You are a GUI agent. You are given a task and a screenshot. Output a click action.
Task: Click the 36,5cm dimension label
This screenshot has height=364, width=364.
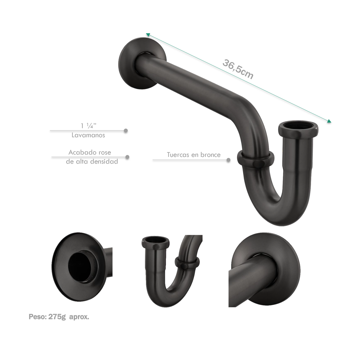tap(238, 69)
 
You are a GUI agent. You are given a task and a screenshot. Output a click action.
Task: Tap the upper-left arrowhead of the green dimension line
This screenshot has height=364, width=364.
tap(148, 35)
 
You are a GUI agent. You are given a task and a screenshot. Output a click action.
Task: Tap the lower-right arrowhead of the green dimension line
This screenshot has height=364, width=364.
tap(329, 121)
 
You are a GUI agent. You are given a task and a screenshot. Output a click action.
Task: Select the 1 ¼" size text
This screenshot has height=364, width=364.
tap(89, 126)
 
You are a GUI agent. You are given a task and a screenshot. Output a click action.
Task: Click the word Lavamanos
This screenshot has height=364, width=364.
tap(88, 135)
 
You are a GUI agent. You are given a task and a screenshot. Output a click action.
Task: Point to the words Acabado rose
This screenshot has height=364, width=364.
tap(90, 152)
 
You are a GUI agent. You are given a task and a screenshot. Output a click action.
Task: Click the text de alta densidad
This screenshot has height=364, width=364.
tap(92, 161)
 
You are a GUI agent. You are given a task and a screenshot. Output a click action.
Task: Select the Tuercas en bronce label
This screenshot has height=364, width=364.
tap(194, 155)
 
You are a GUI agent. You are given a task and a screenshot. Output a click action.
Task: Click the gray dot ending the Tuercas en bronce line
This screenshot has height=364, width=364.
tap(228, 160)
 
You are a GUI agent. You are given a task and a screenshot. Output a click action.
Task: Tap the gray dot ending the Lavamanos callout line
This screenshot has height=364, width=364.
tap(126, 130)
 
